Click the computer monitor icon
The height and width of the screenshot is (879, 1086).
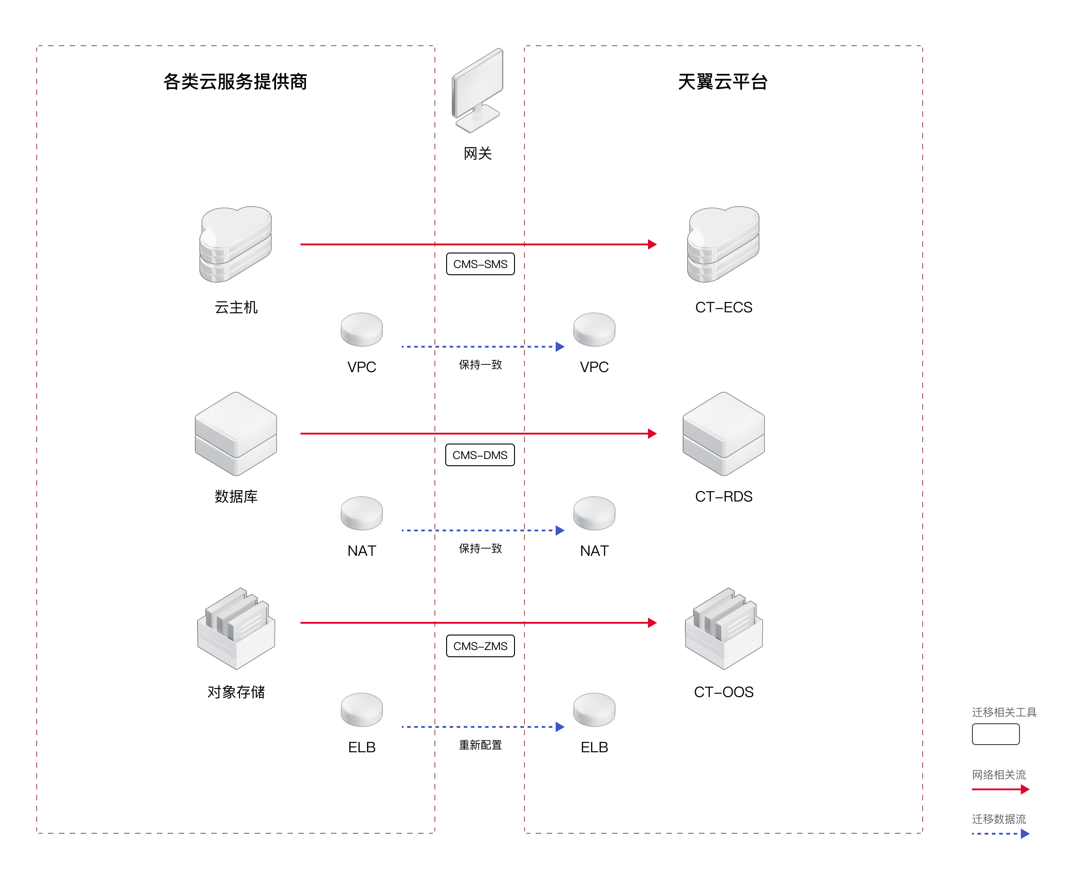(x=477, y=90)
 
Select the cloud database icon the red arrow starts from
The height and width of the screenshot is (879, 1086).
(x=236, y=244)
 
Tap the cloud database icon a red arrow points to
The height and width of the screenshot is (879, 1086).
(x=723, y=244)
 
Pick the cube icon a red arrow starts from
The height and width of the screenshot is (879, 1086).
(x=236, y=434)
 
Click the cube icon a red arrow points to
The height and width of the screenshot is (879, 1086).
(x=723, y=434)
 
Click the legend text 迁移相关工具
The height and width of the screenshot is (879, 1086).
(x=1004, y=712)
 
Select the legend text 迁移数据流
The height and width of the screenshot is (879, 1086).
(x=999, y=818)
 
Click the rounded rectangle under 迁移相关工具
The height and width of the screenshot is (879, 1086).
(x=995, y=734)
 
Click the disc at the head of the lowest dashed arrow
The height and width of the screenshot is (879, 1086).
(x=594, y=709)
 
